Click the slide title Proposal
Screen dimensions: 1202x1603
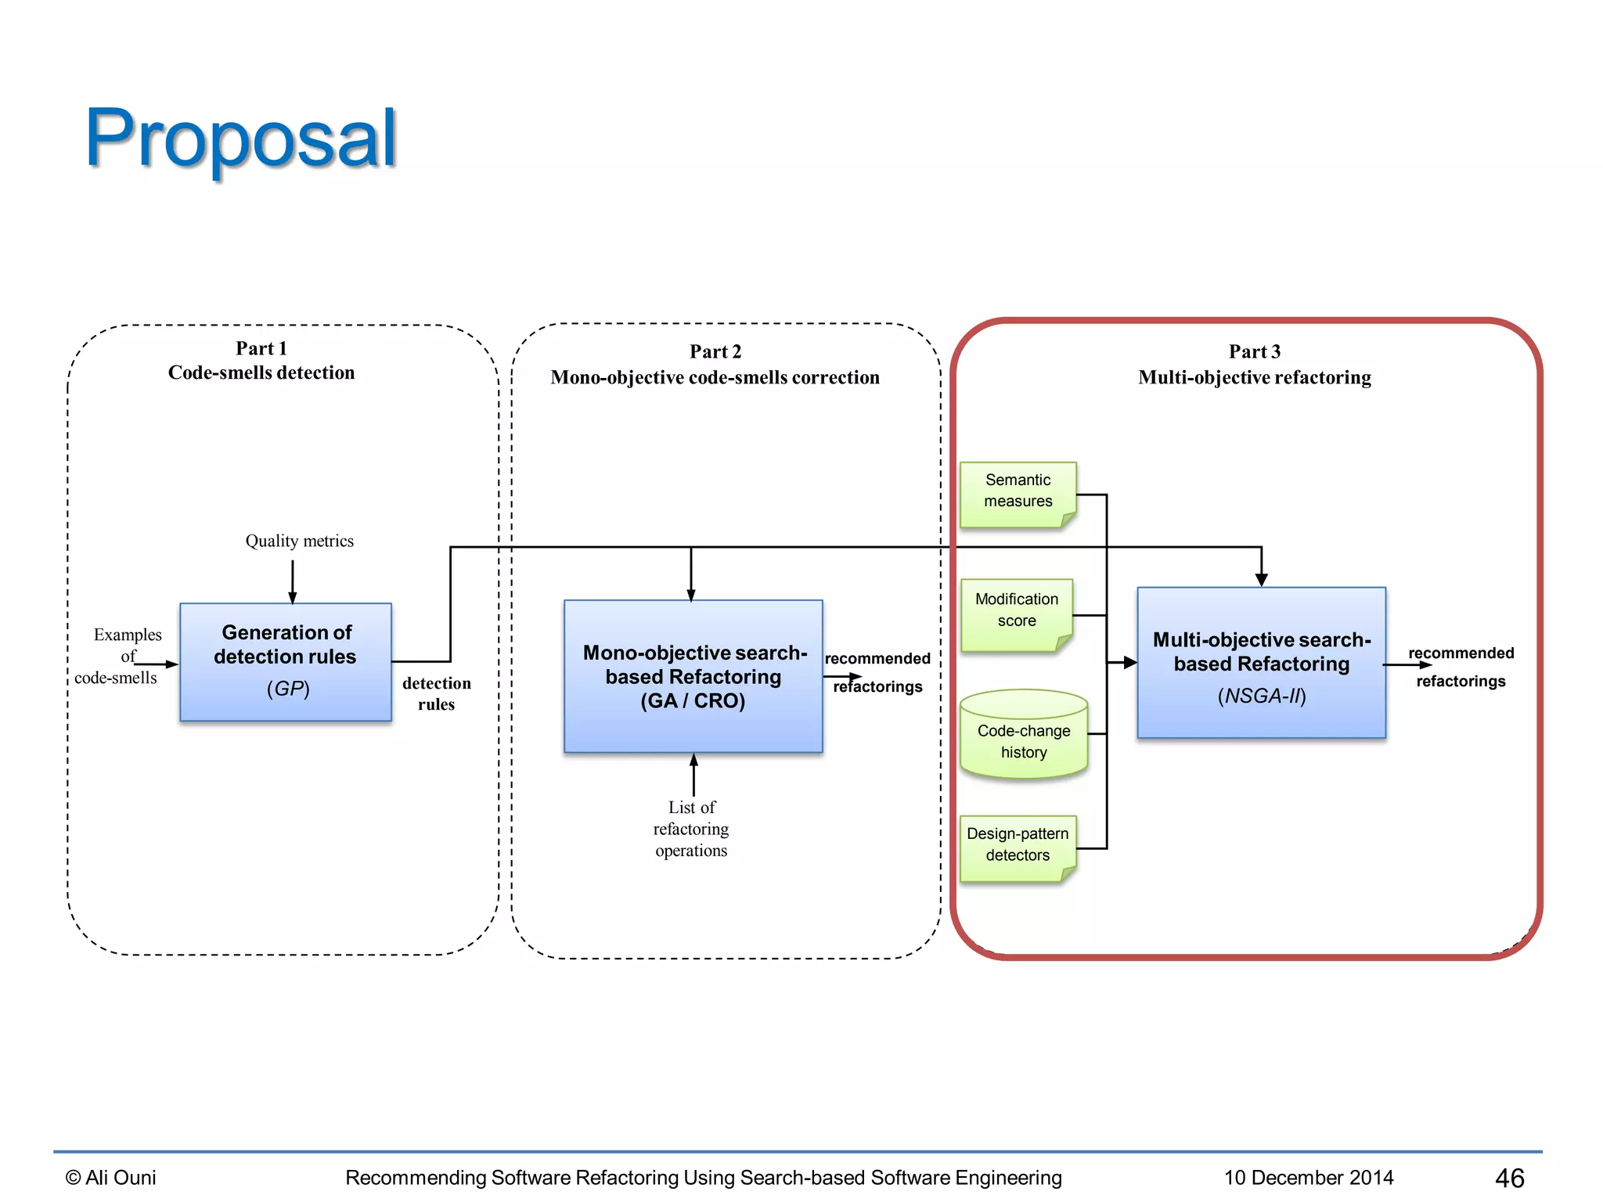[x=241, y=139]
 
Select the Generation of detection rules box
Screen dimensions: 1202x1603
[x=286, y=661]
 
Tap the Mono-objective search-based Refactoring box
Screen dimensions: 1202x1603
[x=693, y=676]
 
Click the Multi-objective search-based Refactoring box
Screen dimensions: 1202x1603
[x=1261, y=662]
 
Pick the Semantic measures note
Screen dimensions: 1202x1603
[x=1018, y=492]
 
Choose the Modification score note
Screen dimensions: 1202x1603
[x=1016, y=612]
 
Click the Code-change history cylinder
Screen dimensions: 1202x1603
[x=1023, y=736]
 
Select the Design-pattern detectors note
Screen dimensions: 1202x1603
[x=1017, y=846]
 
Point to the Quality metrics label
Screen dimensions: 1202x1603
[x=299, y=541]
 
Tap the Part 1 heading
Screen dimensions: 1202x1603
[x=261, y=349]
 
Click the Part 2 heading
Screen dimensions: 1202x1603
[x=715, y=352]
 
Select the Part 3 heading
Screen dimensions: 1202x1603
[x=1254, y=352]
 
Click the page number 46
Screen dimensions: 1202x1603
[x=1509, y=1178]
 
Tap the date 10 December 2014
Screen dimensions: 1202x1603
[x=1309, y=1178]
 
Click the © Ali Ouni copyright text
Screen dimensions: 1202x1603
[x=111, y=1178]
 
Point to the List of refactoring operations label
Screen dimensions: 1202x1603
[x=691, y=829]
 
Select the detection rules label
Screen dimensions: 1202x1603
[x=436, y=693]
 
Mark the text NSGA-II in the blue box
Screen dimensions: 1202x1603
[x=1261, y=696]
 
